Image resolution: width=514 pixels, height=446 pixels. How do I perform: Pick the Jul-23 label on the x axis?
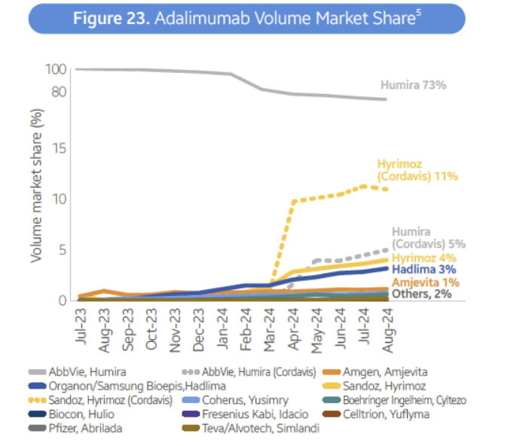[x=82, y=326]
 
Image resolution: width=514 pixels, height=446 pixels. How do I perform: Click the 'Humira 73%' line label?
[x=414, y=85]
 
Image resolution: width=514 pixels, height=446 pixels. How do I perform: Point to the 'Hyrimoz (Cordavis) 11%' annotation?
[x=418, y=170]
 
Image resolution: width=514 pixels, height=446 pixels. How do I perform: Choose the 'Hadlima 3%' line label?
[x=421, y=269]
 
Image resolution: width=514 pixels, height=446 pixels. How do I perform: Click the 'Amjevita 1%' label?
[x=423, y=281]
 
